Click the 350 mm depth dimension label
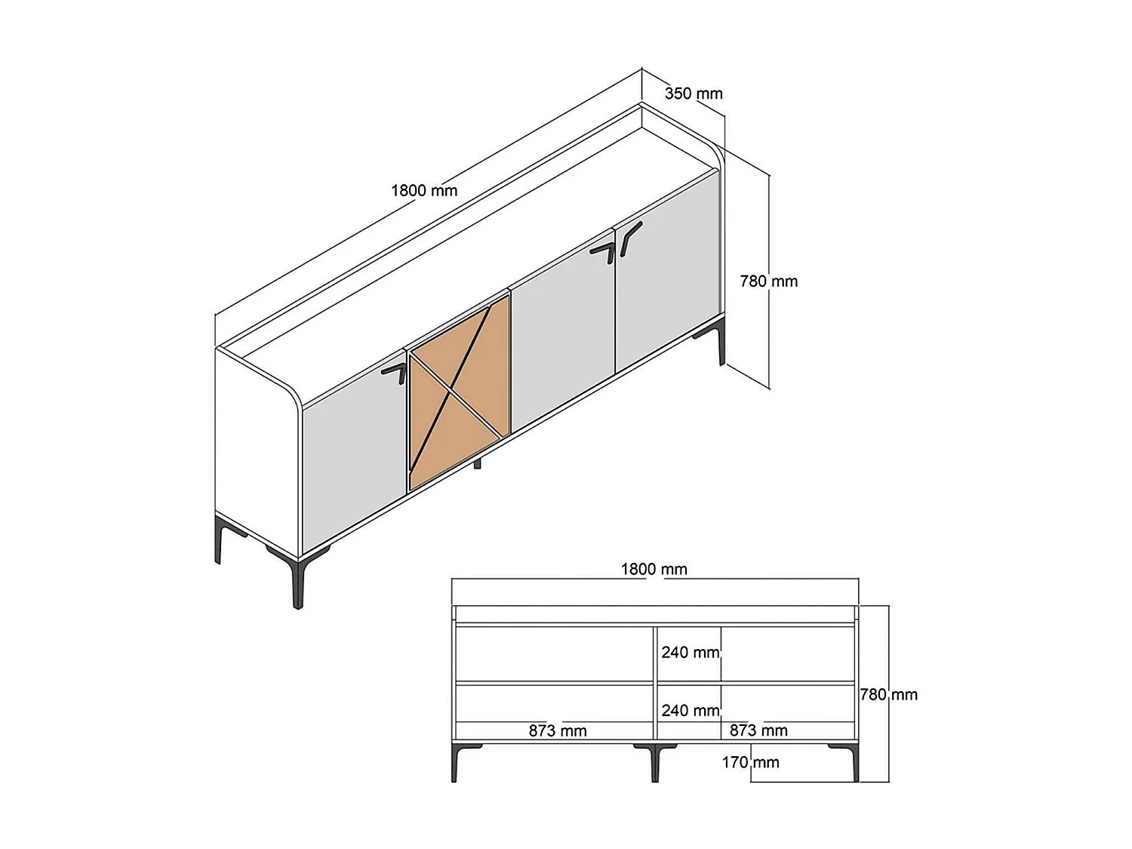693,94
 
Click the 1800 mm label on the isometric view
424,190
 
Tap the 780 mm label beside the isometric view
768,281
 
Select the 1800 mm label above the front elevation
654,570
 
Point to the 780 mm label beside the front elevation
889,694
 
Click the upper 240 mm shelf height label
690,652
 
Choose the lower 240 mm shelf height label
690,710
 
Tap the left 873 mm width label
557,731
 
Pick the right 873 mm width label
758,731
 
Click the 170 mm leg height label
749,762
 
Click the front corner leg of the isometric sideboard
299,581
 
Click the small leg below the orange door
477,463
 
